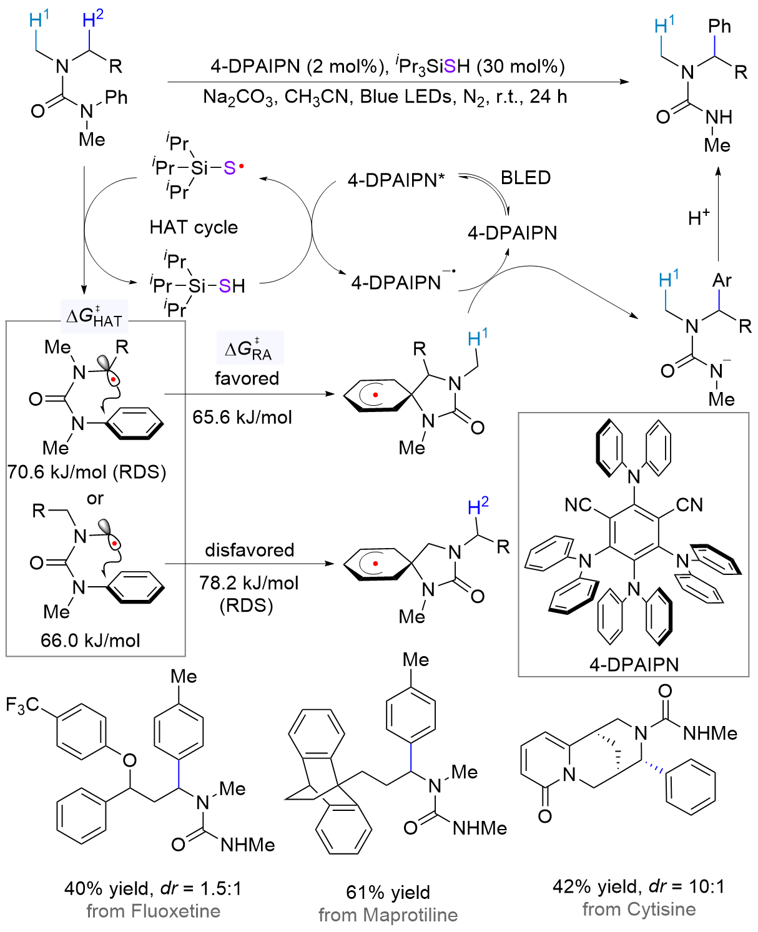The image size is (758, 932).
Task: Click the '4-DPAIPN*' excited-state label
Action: pos(396,180)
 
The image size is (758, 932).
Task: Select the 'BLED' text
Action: pos(526,178)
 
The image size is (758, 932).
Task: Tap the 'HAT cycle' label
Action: pos(194,227)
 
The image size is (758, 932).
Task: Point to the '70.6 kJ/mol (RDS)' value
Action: pos(87,472)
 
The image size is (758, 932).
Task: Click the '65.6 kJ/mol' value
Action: pos(242,417)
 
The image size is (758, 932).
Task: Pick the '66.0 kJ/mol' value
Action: pos(91,640)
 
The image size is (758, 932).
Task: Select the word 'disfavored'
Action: pos(250,550)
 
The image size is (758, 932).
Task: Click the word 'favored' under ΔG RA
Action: pos(247,378)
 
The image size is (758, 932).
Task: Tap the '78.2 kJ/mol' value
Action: pos(249,583)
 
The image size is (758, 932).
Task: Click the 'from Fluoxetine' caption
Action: pos(153,911)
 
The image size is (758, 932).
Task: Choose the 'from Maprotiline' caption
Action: pos(388,915)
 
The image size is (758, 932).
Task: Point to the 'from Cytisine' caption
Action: pos(639,910)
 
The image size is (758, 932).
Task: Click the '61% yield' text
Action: pos(388,893)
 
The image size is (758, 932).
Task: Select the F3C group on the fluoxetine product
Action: pos(22,705)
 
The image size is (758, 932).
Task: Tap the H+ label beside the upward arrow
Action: pos(699,218)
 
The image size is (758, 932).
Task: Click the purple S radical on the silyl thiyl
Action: pos(230,168)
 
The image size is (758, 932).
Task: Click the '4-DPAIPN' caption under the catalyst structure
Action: pos(634,664)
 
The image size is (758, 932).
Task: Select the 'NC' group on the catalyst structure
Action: pos(578,504)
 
